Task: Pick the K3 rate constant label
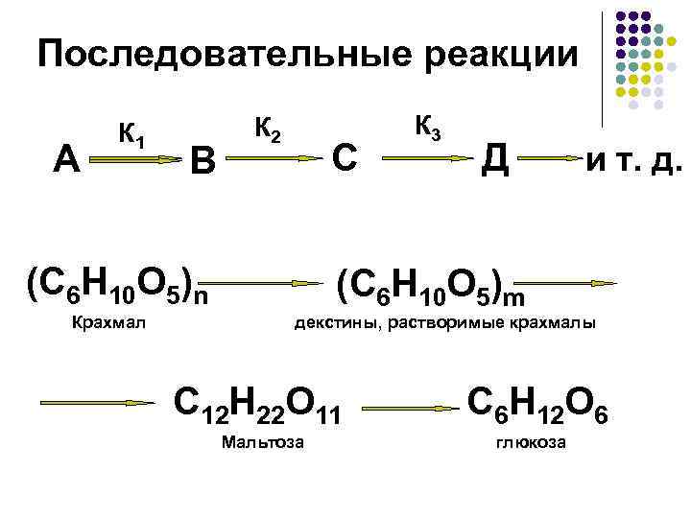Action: point(428,126)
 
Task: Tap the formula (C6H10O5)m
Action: point(431,280)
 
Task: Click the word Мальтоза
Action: point(262,442)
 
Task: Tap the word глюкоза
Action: point(531,442)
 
